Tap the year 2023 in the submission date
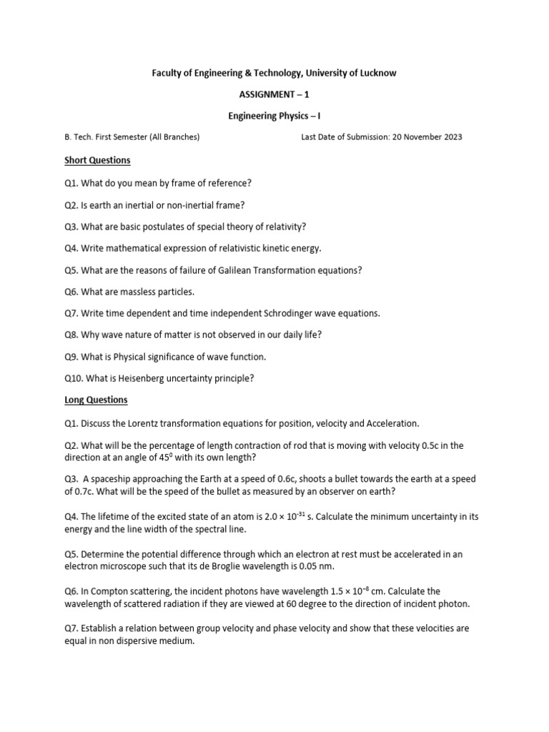[x=450, y=137]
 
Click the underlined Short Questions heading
[x=97, y=160]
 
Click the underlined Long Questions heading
[x=96, y=400]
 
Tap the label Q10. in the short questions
[x=74, y=378]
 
